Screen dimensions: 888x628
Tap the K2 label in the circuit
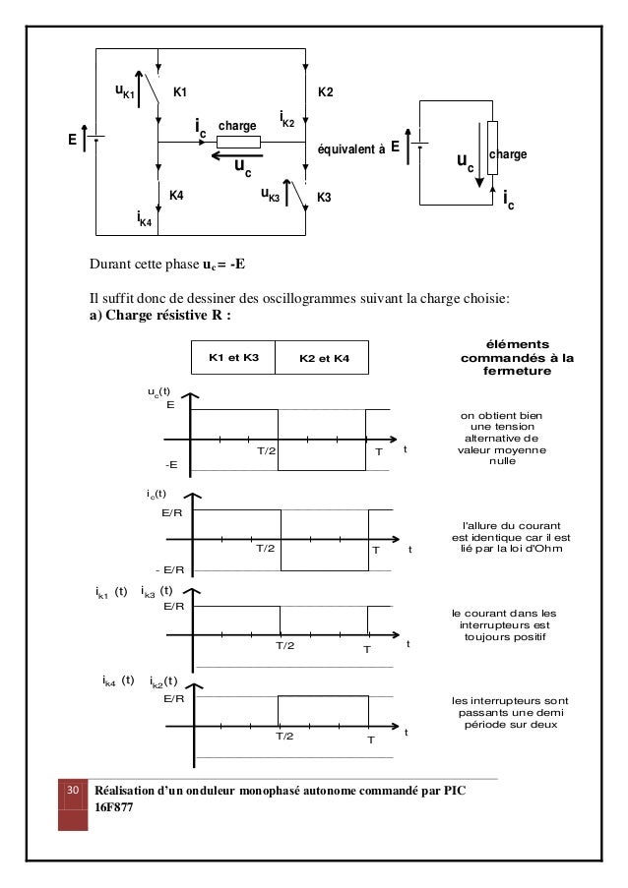(326, 92)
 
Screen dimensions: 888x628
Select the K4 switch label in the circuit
(176, 196)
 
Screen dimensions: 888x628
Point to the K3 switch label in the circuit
(325, 198)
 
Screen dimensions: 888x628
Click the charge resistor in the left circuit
(238, 142)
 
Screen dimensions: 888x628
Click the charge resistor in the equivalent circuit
(492, 155)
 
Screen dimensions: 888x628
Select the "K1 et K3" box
(232, 358)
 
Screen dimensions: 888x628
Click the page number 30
(72, 792)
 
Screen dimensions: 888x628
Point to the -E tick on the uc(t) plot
(172, 464)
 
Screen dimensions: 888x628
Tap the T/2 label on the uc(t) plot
(267, 450)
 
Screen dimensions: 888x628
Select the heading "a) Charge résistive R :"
(160, 316)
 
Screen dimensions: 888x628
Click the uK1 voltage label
(124, 92)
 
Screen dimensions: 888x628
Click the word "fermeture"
(517, 373)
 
